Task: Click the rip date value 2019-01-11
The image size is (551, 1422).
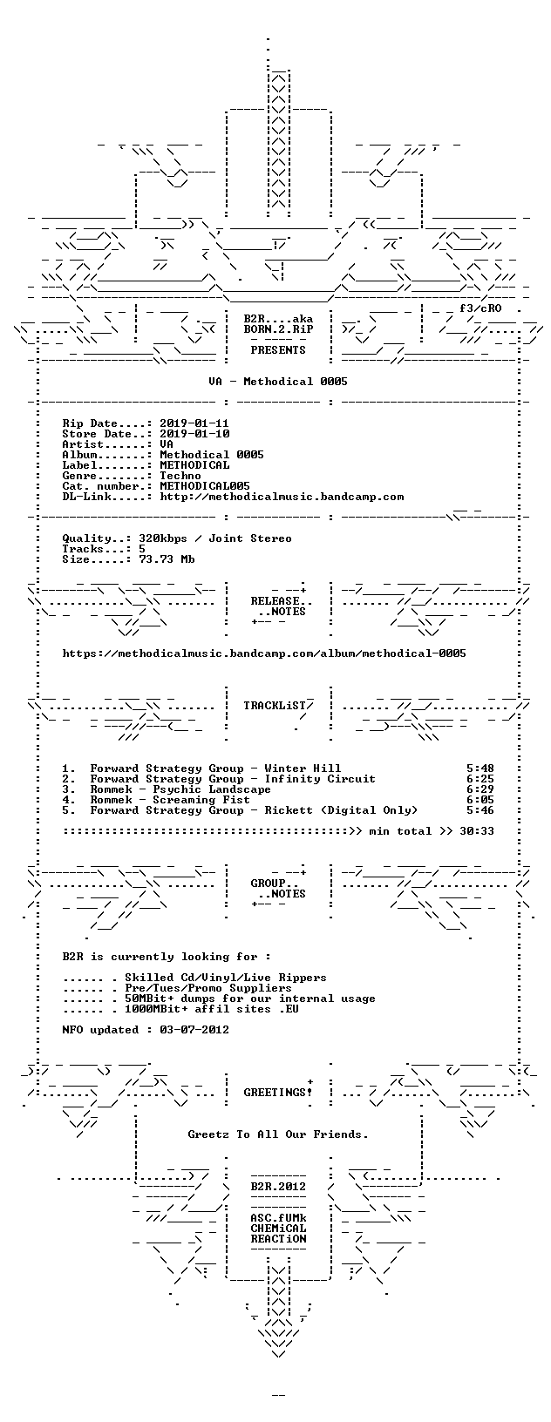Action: pos(194,423)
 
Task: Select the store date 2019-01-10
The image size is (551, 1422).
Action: pos(194,434)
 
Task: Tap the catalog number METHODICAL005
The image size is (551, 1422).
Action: pos(205,486)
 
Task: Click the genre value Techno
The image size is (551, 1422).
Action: pos(180,476)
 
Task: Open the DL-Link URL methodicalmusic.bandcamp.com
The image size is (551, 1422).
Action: pos(282,497)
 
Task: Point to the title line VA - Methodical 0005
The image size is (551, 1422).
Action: pos(278,382)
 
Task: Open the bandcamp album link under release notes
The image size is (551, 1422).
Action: pos(264,653)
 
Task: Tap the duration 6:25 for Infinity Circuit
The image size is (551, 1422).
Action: pos(480,779)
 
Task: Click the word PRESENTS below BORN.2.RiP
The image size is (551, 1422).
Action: pos(278,349)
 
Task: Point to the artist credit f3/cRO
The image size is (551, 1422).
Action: pos(480,308)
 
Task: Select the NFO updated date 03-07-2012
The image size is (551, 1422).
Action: pos(194,1030)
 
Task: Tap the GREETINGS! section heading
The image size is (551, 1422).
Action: pos(278,1093)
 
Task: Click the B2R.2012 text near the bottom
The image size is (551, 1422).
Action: pos(278,1187)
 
